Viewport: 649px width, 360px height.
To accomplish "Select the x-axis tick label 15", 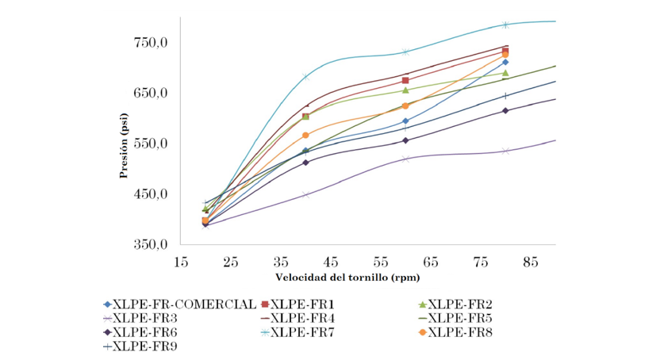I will (181, 261).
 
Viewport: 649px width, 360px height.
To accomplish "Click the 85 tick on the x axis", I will (531, 261).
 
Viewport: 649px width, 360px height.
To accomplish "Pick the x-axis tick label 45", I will (331, 261).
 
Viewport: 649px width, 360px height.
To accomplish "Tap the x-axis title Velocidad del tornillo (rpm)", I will (348, 278).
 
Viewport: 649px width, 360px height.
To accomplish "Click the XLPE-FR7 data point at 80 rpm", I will (505, 25).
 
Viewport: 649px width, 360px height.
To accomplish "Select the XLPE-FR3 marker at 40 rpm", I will (305, 194).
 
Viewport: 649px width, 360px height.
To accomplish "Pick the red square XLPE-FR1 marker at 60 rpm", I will (405, 80).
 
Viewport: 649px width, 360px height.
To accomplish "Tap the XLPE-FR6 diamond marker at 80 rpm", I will (505, 110).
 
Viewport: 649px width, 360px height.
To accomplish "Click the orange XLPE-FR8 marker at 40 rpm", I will (305, 135).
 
